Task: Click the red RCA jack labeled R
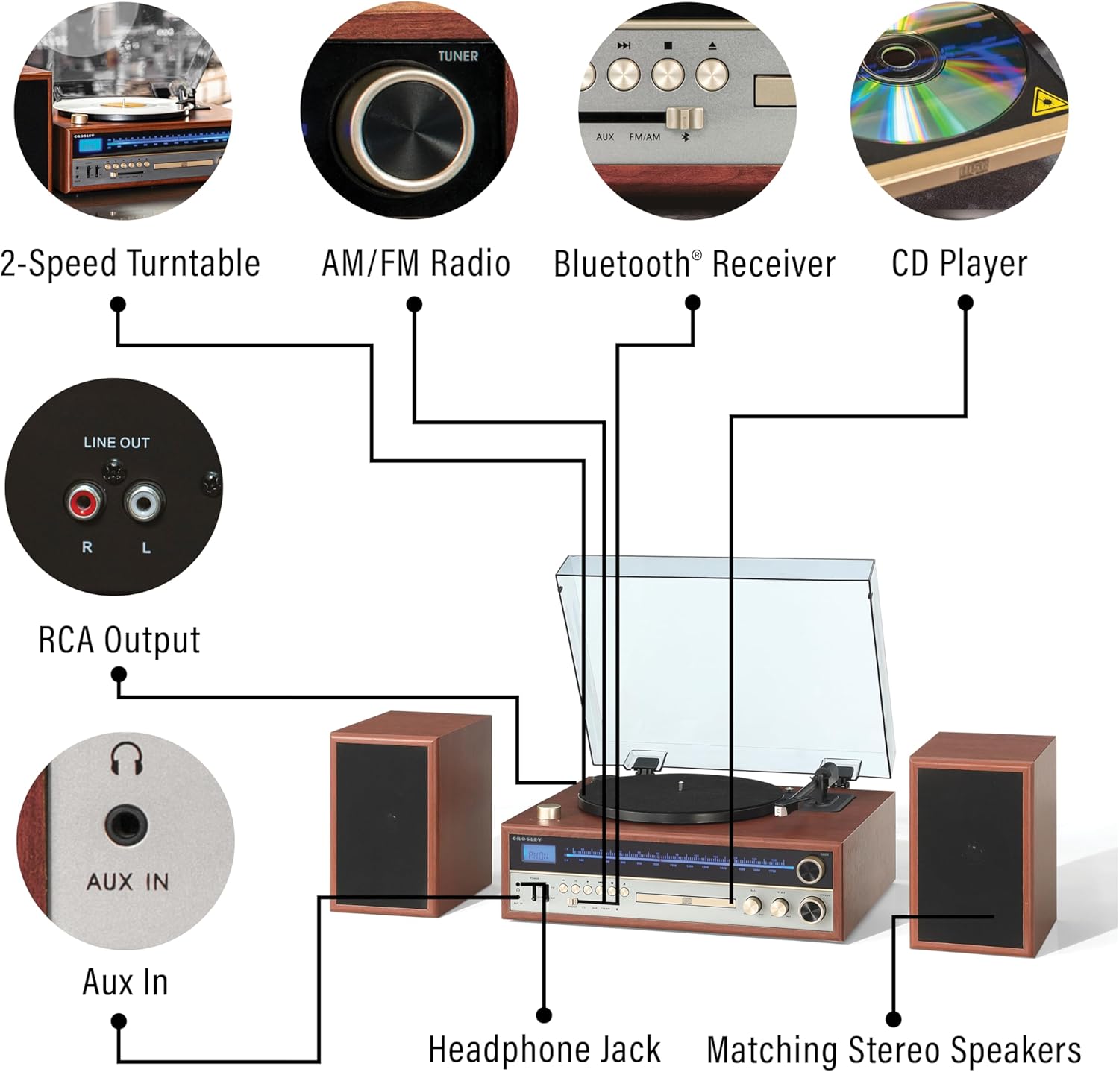[x=84, y=503]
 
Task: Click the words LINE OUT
[x=116, y=442]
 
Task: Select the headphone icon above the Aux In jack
[x=126, y=758]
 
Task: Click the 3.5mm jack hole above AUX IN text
[x=126, y=825]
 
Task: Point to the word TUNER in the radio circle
[x=457, y=56]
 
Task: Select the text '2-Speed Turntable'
[x=130, y=264]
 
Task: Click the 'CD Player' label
[x=959, y=264]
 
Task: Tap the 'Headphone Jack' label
[x=544, y=1050]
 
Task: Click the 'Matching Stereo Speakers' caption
[x=894, y=1050]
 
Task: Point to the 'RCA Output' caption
[x=119, y=640]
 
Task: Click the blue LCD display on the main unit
[x=537, y=855]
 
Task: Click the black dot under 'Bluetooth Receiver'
[x=693, y=303]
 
